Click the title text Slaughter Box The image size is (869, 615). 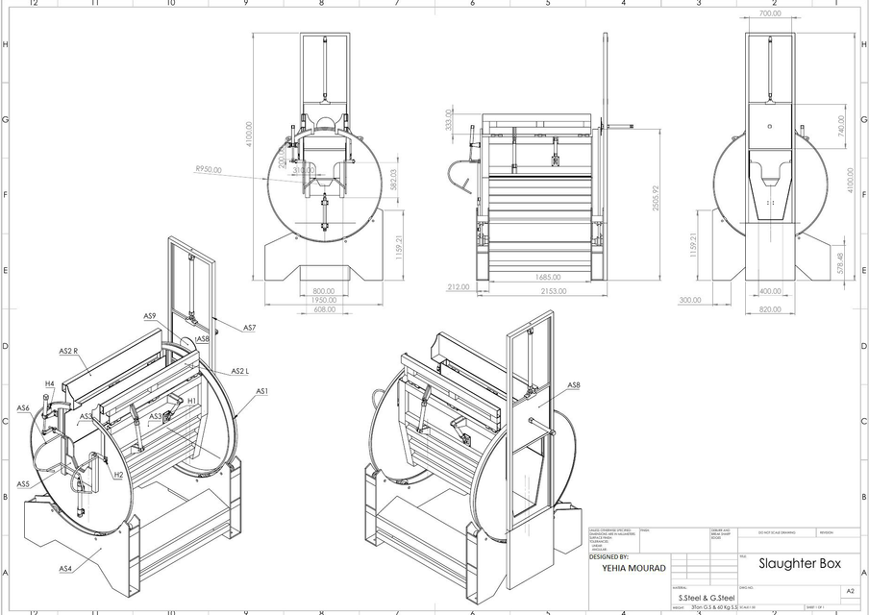[793, 563]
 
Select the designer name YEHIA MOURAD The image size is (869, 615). [623, 567]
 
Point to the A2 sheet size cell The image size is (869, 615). [849, 592]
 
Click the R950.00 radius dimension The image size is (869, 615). [208, 169]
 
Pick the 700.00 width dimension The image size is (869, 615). [770, 14]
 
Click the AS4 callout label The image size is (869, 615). [65, 569]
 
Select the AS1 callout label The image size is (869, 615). [261, 391]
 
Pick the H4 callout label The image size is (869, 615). [49, 384]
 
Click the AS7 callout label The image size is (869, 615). [249, 329]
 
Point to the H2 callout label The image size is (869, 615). [118, 475]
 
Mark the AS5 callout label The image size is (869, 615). [23, 483]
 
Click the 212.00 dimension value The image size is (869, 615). [458, 286]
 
